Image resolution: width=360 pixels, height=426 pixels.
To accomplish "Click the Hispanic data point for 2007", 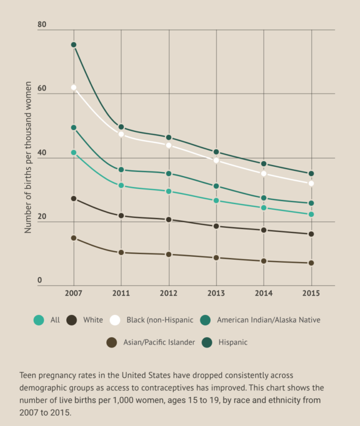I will [74, 45].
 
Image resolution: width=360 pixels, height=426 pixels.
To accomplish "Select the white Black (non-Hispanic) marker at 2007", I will [74, 87].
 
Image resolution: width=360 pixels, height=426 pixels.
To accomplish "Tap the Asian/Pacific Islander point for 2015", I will [311, 263].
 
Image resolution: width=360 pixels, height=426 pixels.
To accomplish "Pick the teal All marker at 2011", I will [121, 185].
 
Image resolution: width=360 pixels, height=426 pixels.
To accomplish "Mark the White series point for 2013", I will [217, 226].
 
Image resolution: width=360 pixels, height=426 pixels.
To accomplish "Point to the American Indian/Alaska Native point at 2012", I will [169, 173].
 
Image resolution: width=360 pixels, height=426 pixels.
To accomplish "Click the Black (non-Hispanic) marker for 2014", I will [264, 173].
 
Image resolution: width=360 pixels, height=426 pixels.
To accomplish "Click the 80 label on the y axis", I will [42, 24].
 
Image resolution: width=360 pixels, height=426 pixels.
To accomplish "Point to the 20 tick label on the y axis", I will [42, 216].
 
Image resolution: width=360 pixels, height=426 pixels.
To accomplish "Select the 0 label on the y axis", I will [40, 281].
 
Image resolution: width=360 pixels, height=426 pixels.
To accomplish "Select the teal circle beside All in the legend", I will [39, 320].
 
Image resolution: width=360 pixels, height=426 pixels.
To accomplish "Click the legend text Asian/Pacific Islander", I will [159, 342].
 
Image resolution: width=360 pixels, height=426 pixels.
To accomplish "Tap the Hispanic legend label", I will [233, 342].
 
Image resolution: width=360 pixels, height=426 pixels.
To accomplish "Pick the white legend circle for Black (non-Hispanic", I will [115, 320].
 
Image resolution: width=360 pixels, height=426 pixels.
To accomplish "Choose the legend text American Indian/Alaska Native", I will [268, 320].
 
